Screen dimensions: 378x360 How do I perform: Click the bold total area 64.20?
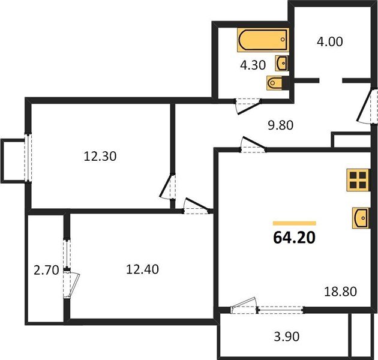pos(295,238)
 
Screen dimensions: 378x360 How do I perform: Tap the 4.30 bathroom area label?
pos(253,65)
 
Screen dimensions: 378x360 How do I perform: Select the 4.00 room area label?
pos(329,42)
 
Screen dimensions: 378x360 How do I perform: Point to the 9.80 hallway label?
pos(281,125)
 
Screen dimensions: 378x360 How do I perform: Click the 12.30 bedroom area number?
pos(100,156)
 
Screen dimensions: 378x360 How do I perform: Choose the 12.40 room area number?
pos(142,269)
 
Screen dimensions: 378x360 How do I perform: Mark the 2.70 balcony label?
pos(46,270)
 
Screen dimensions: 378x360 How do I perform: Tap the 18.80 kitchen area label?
pos(340,292)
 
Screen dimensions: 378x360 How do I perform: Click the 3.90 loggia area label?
pos(287,337)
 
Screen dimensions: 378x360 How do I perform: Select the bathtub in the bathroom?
pos(263,40)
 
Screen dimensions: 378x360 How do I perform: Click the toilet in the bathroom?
pos(275,83)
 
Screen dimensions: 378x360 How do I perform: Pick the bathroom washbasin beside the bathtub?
pos(281,64)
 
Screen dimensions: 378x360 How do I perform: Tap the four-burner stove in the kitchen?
pos(358,180)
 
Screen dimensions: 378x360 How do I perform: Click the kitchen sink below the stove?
pos(361,218)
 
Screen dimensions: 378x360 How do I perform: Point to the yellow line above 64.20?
pos(295,223)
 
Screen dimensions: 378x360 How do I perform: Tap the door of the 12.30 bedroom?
pos(167,186)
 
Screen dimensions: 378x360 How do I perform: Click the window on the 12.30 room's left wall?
pos(28,158)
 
